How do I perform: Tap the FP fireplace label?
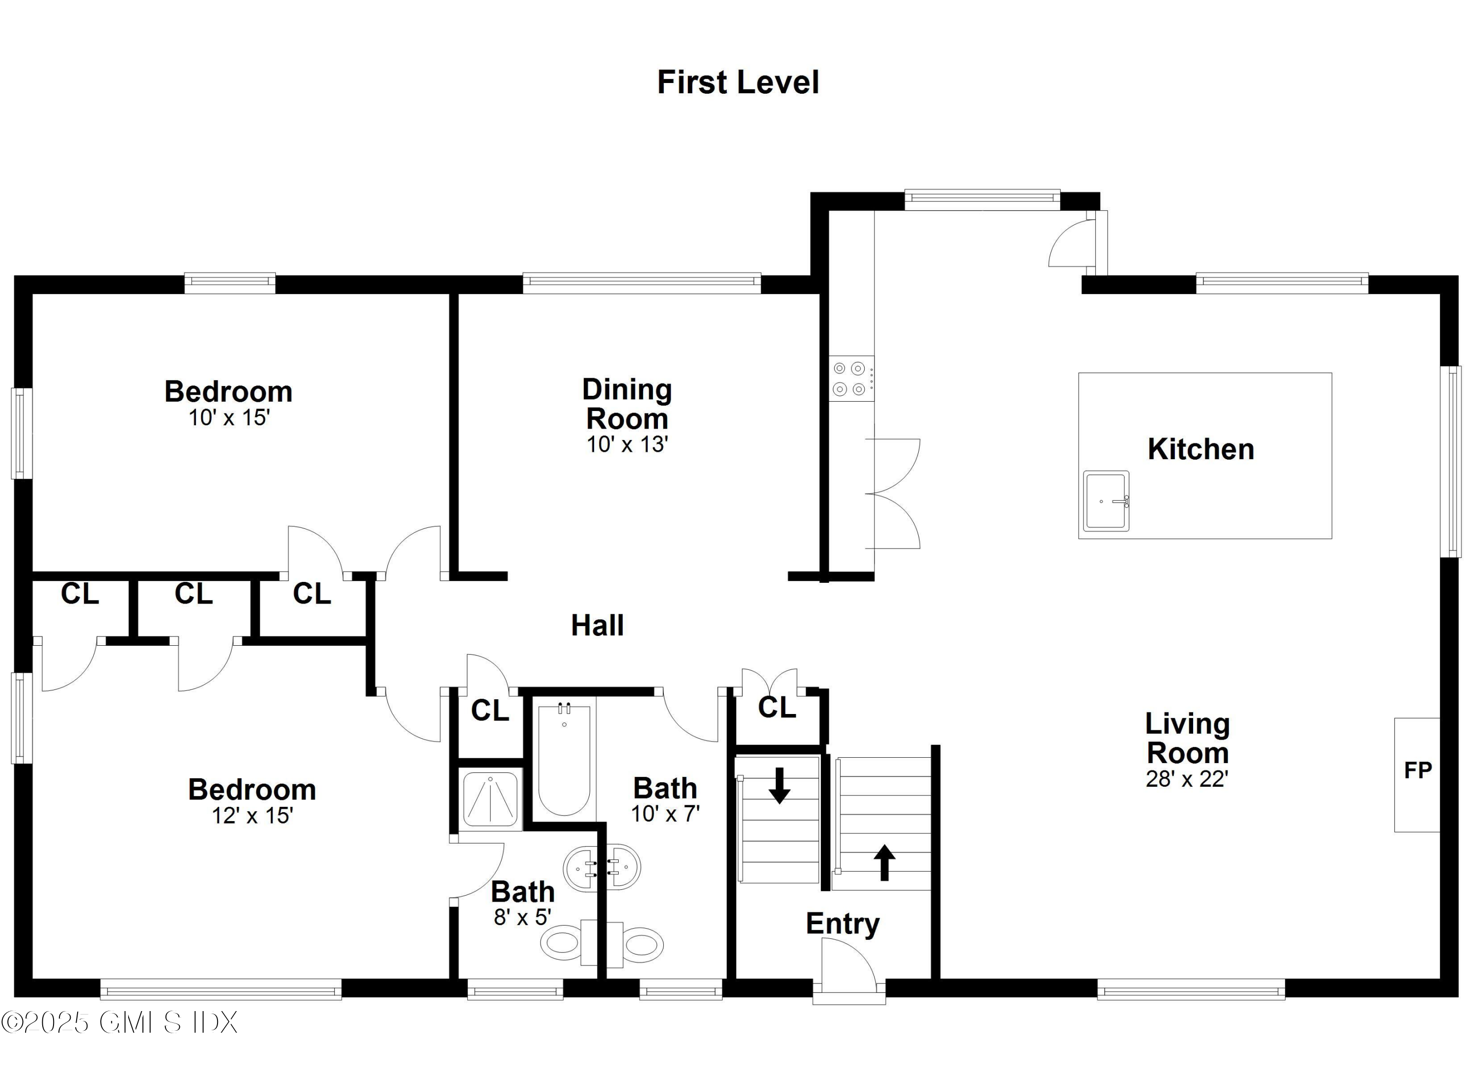point(1417,770)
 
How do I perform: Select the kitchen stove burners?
point(849,379)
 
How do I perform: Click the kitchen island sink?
point(1106,501)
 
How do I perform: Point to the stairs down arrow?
point(779,785)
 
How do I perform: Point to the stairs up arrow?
point(884,862)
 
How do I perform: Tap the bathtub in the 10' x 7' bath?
point(564,759)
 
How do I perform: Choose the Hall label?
point(597,626)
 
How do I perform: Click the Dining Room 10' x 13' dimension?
point(627,445)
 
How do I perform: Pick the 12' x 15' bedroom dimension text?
point(252,816)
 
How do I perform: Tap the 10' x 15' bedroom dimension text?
point(229,417)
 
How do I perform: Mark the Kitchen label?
point(1200,449)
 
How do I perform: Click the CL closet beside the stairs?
point(776,708)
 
